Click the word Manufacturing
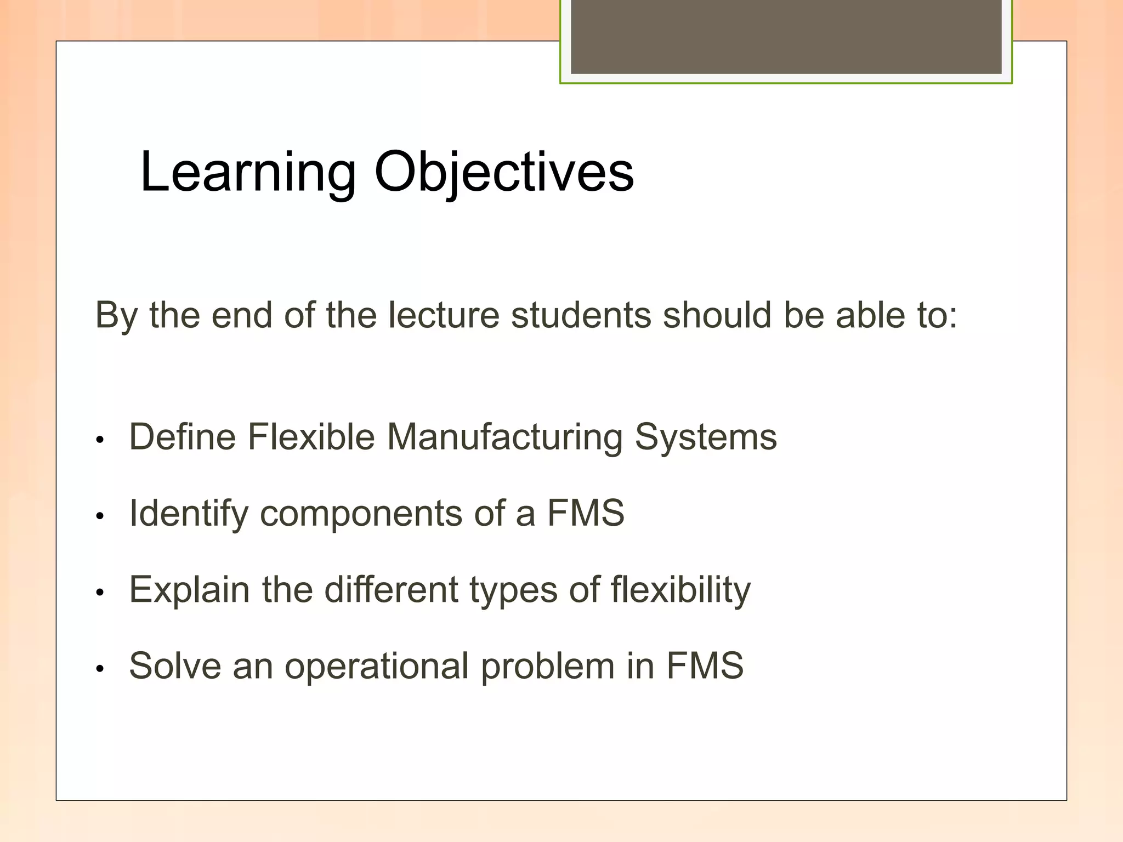point(504,437)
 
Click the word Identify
point(189,514)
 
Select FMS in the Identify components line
point(586,513)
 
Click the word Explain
point(189,590)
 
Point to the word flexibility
point(680,590)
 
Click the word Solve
point(174,665)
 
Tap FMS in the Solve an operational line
point(705,665)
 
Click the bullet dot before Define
point(99,440)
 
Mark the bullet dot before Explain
point(99,593)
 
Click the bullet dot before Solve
point(99,669)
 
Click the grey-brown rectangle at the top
point(786,36)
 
